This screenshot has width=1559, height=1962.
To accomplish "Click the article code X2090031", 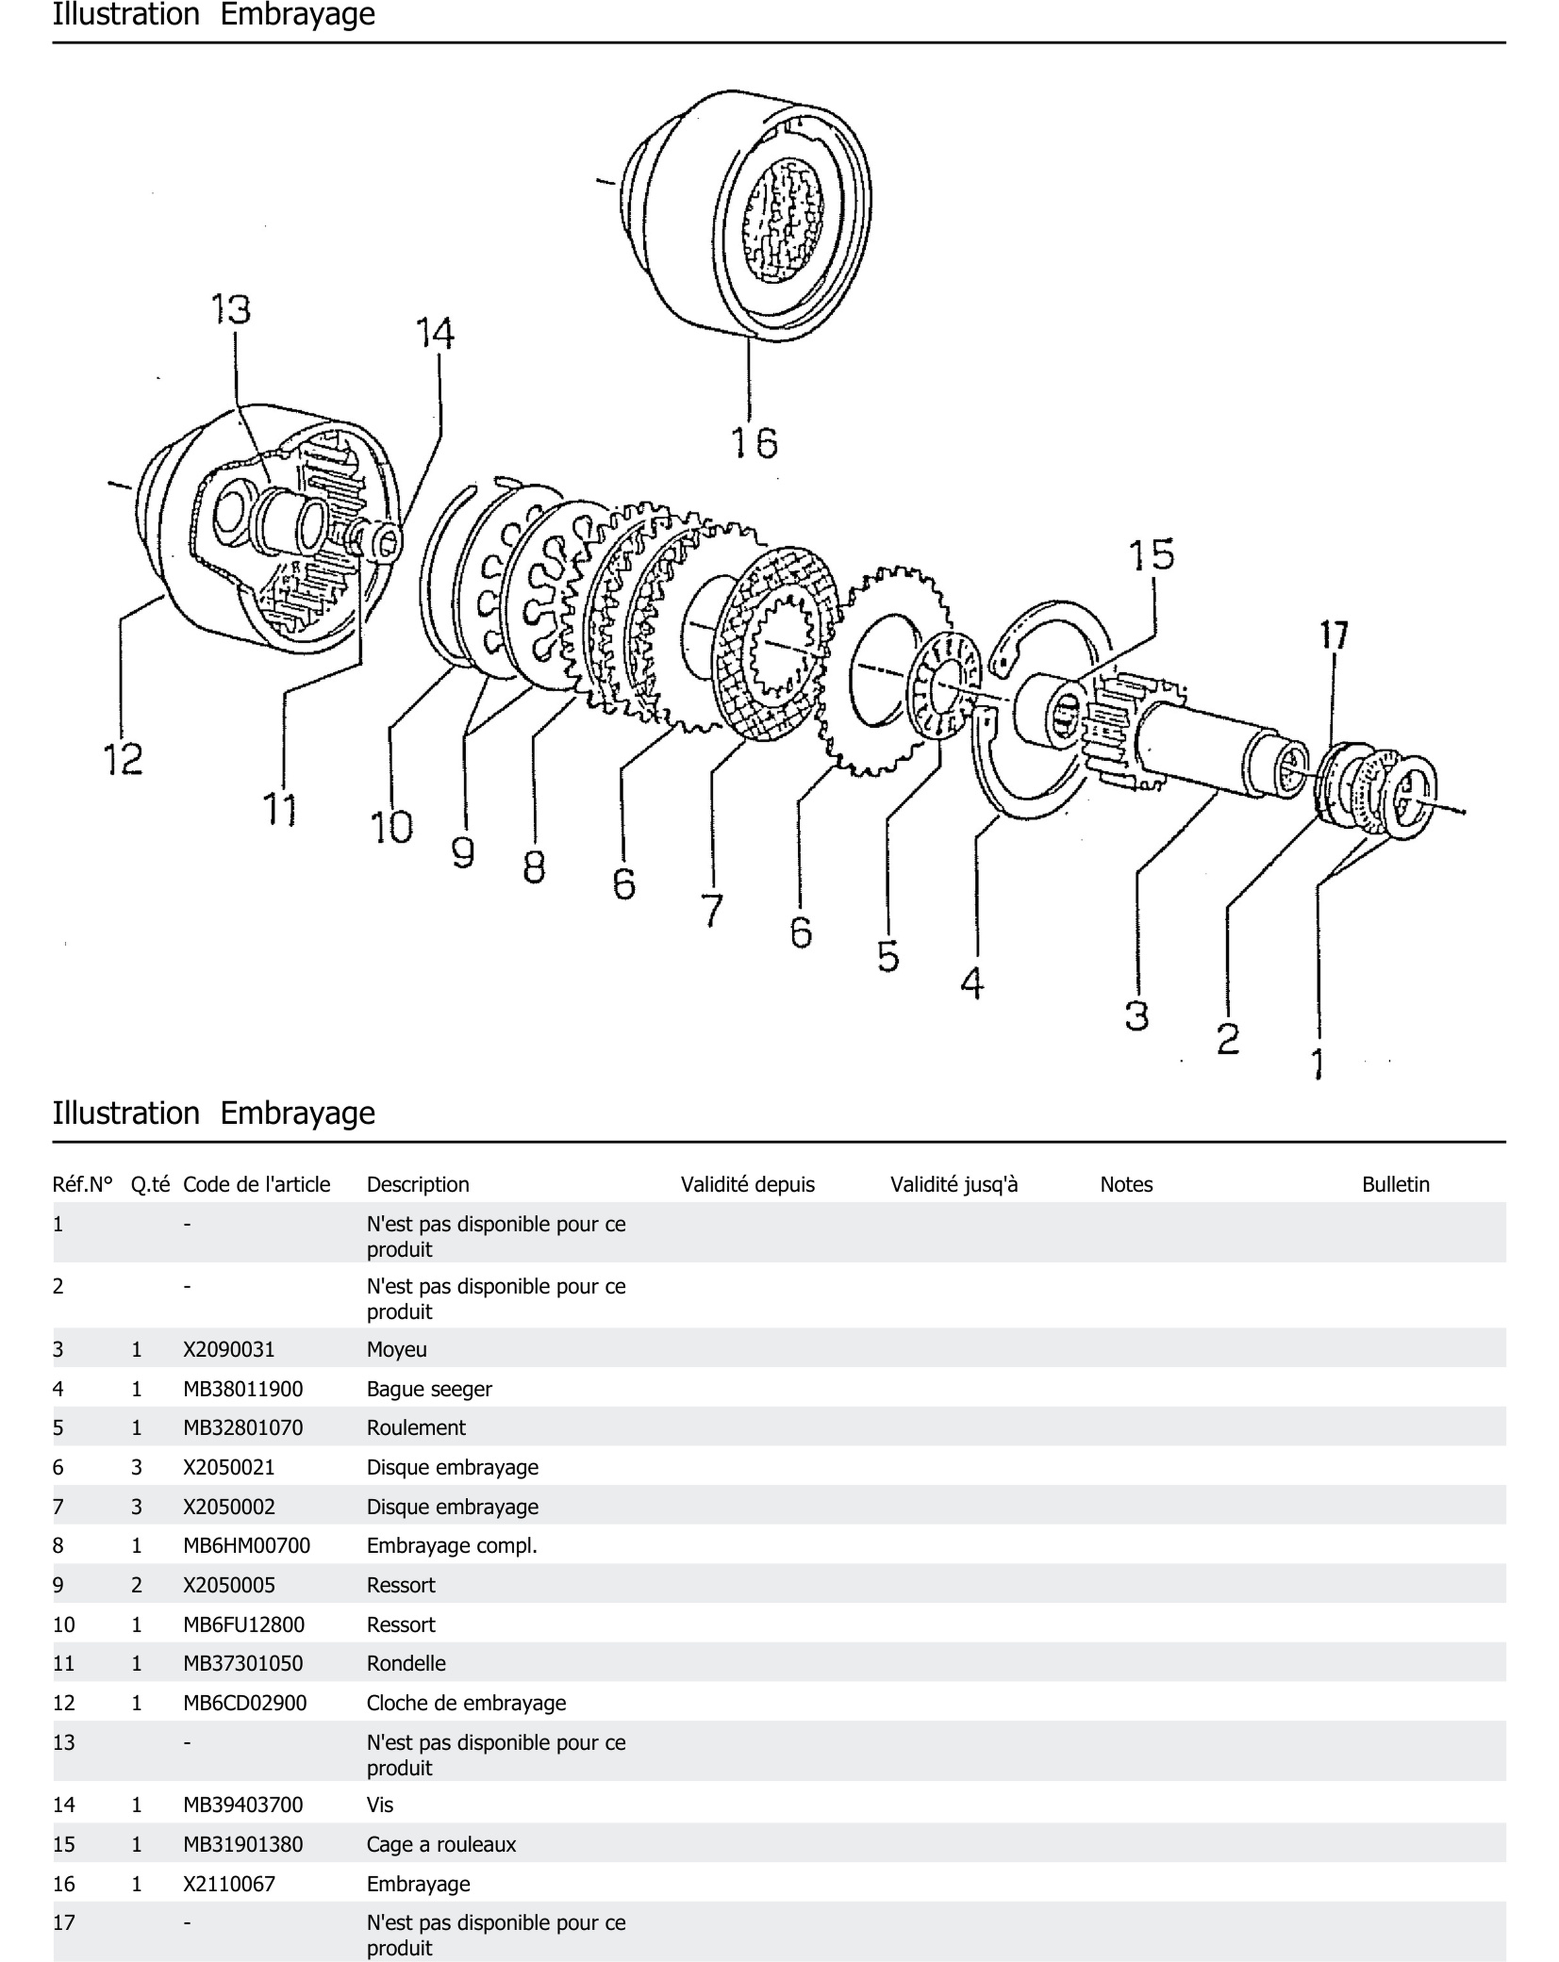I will coord(228,1350).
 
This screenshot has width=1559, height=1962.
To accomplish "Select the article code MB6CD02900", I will coord(245,1703).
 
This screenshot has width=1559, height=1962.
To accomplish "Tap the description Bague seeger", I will coord(429,1389).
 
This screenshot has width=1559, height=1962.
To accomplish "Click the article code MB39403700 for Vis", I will coord(243,1805).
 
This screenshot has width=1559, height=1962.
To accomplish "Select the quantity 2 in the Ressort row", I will coord(136,1585).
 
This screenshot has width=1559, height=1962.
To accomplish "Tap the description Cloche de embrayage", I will coord(466,1703).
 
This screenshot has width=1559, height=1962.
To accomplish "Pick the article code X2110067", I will coord(228,1884).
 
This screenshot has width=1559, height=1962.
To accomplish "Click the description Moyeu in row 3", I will coord(396,1350).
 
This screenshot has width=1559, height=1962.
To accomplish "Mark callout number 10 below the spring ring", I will coord(391,827).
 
